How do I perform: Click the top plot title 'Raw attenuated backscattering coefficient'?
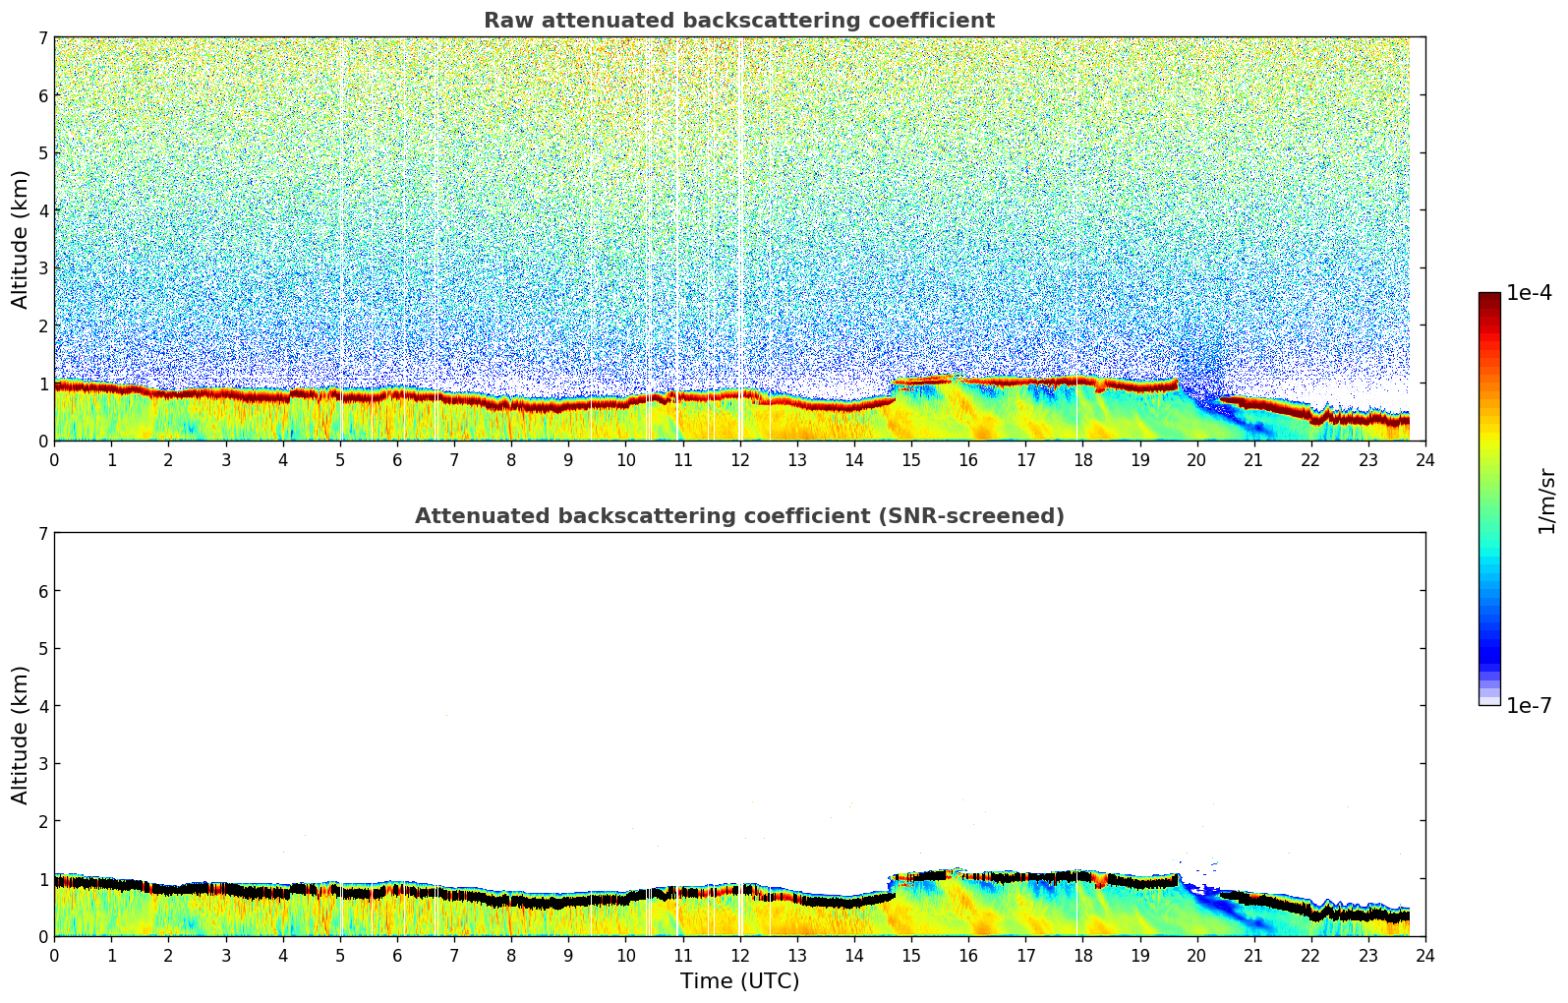click(x=738, y=21)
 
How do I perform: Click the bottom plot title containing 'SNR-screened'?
click(x=738, y=516)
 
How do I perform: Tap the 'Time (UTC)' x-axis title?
click(x=739, y=981)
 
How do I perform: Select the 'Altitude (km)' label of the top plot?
click(x=21, y=239)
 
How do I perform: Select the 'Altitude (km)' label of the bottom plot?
click(x=21, y=735)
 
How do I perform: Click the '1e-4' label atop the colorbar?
click(x=1529, y=293)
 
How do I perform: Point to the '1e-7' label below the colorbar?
click(x=1529, y=706)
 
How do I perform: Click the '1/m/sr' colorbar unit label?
click(x=1546, y=501)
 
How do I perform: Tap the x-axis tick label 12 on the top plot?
click(x=739, y=459)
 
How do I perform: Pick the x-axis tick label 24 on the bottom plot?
click(x=1424, y=955)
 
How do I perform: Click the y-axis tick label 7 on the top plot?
click(x=43, y=38)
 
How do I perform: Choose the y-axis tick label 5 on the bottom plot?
click(x=43, y=649)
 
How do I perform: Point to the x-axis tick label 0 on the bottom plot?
click(x=54, y=955)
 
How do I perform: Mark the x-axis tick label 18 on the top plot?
click(x=1082, y=459)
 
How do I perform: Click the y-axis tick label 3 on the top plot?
click(x=43, y=268)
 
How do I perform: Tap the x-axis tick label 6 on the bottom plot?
click(x=397, y=955)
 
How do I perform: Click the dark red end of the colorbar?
click(x=1488, y=299)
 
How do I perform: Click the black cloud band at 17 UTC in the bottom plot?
click(x=1025, y=876)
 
